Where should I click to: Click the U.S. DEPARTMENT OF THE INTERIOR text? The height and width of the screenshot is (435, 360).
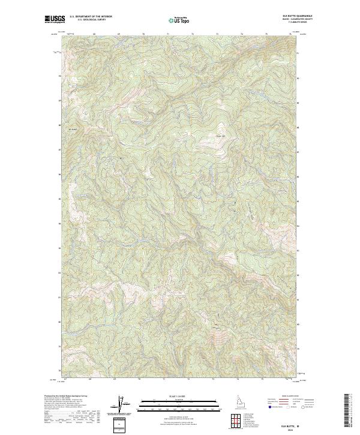pyautogui.click(x=91, y=17)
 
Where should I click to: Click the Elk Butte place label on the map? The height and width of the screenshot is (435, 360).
pyautogui.click(x=74, y=130)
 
